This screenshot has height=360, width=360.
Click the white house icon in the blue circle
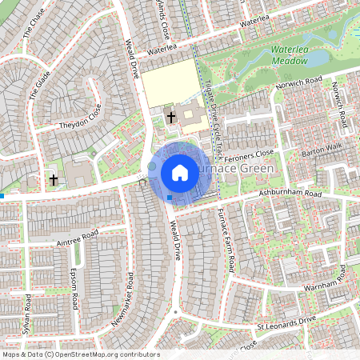point(180,172)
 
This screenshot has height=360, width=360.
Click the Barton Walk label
point(321,149)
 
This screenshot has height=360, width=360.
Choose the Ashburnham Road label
point(290,194)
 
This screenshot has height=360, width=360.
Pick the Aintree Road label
point(78,234)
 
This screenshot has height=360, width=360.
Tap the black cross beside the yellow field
point(170,118)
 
